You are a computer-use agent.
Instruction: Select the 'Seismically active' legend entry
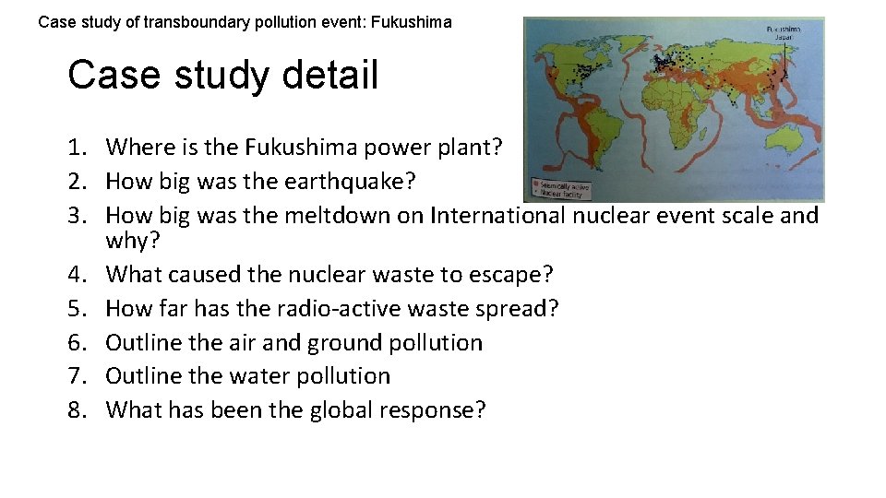[563, 186]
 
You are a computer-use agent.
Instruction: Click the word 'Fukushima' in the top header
[413, 21]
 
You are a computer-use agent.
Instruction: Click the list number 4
[76, 274]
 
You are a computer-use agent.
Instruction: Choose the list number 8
[76, 409]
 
